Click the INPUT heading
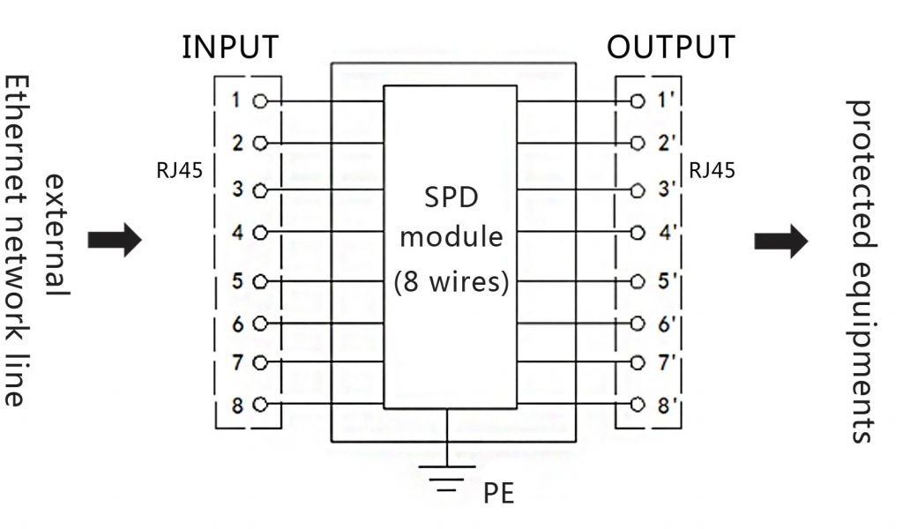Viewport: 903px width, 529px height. (x=229, y=47)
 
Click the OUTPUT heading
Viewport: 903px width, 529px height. (x=670, y=47)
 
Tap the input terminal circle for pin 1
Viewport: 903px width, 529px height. (x=259, y=101)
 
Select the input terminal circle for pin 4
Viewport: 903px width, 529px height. (x=259, y=234)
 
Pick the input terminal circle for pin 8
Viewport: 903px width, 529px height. (x=259, y=406)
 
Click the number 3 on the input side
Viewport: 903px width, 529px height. (x=236, y=189)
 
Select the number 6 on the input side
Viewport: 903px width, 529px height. (x=236, y=324)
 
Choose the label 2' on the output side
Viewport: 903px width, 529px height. (x=665, y=141)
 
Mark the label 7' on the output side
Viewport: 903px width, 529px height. (x=665, y=362)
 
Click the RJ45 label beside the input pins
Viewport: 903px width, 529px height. (x=179, y=170)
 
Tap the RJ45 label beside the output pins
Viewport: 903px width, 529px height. (x=712, y=170)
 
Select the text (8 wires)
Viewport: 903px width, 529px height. (x=451, y=283)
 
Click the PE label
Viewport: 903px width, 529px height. (x=498, y=494)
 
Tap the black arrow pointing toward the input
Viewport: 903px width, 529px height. (x=115, y=239)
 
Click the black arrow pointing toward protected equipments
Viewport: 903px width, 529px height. (x=780, y=240)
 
